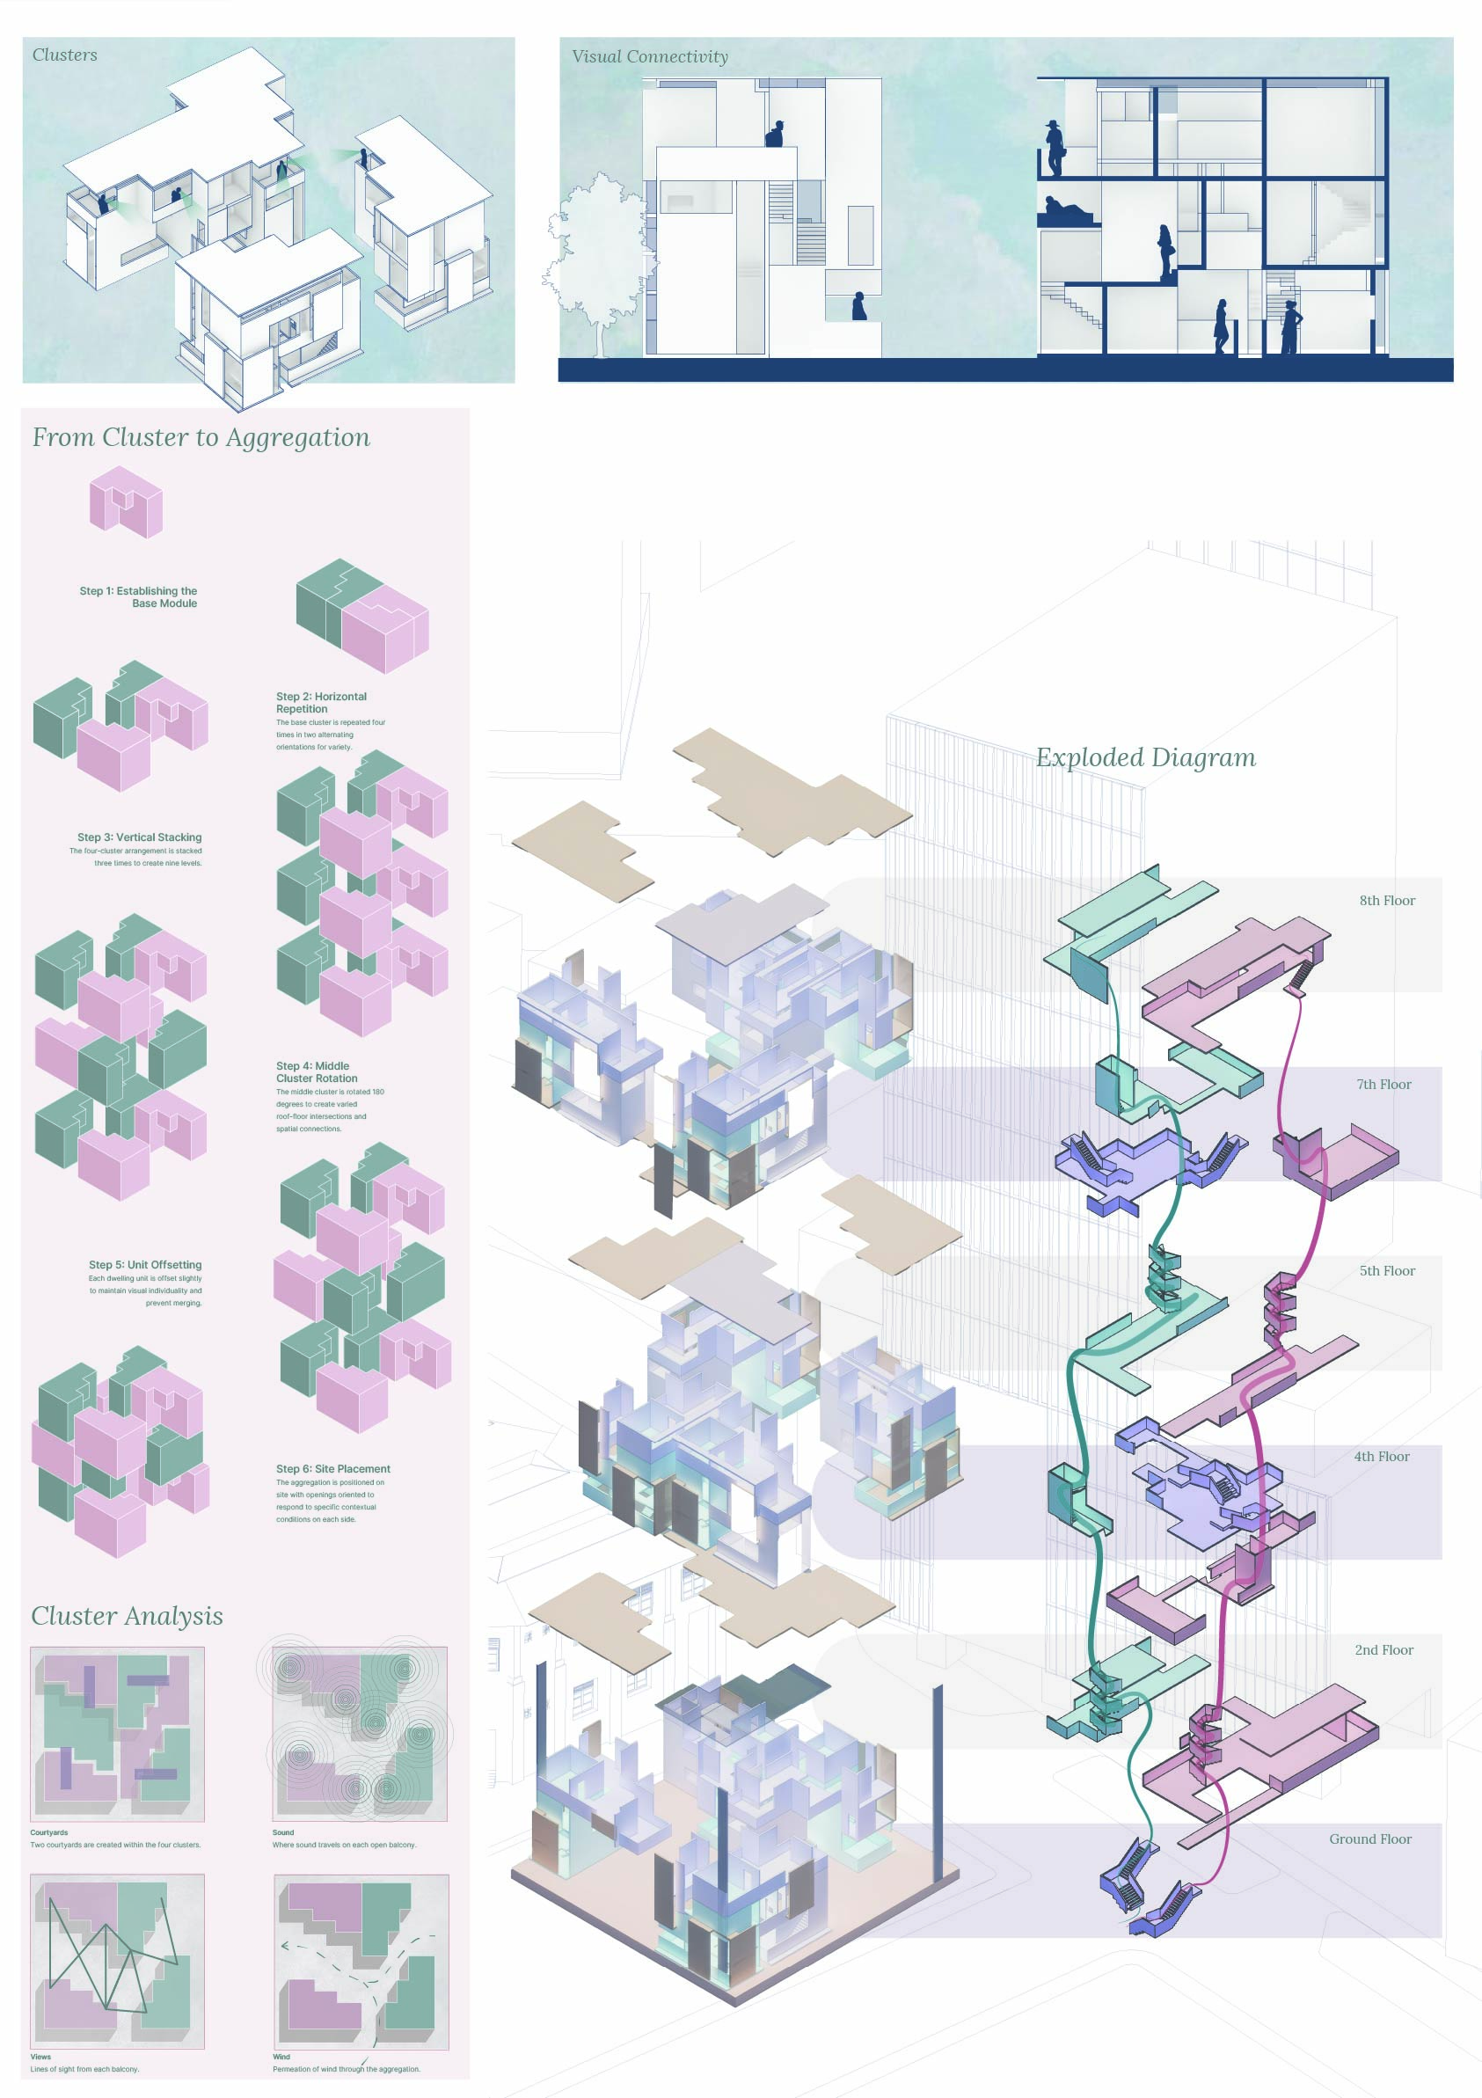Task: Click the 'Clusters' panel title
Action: [x=64, y=55]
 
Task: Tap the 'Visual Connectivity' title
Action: [x=650, y=56]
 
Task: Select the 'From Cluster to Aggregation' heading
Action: [x=201, y=438]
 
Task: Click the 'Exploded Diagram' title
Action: [x=1145, y=757]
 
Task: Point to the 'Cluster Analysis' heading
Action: [x=127, y=1616]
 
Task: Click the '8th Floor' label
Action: [x=1386, y=900]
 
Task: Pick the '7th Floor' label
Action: [x=1383, y=1084]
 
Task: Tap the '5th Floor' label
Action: [x=1386, y=1270]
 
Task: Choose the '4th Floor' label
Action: [x=1381, y=1456]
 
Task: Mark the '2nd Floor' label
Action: [x=1383, y=1649]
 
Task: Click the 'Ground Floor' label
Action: [x=1369, y=1838]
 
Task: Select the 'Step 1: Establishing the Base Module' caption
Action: [x=138, y=596]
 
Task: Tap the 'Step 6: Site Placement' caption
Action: [x=332, y=1468]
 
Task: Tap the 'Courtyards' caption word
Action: [x=48, y=1832]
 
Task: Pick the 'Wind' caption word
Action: [x=281, y=2057]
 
